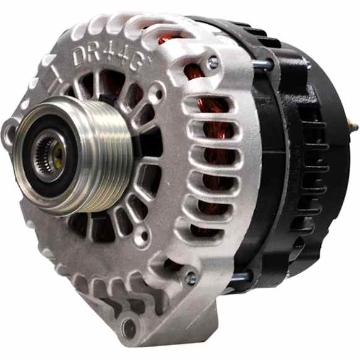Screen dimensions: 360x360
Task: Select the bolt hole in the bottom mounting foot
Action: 129,327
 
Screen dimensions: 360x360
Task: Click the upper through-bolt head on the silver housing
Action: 213,62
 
